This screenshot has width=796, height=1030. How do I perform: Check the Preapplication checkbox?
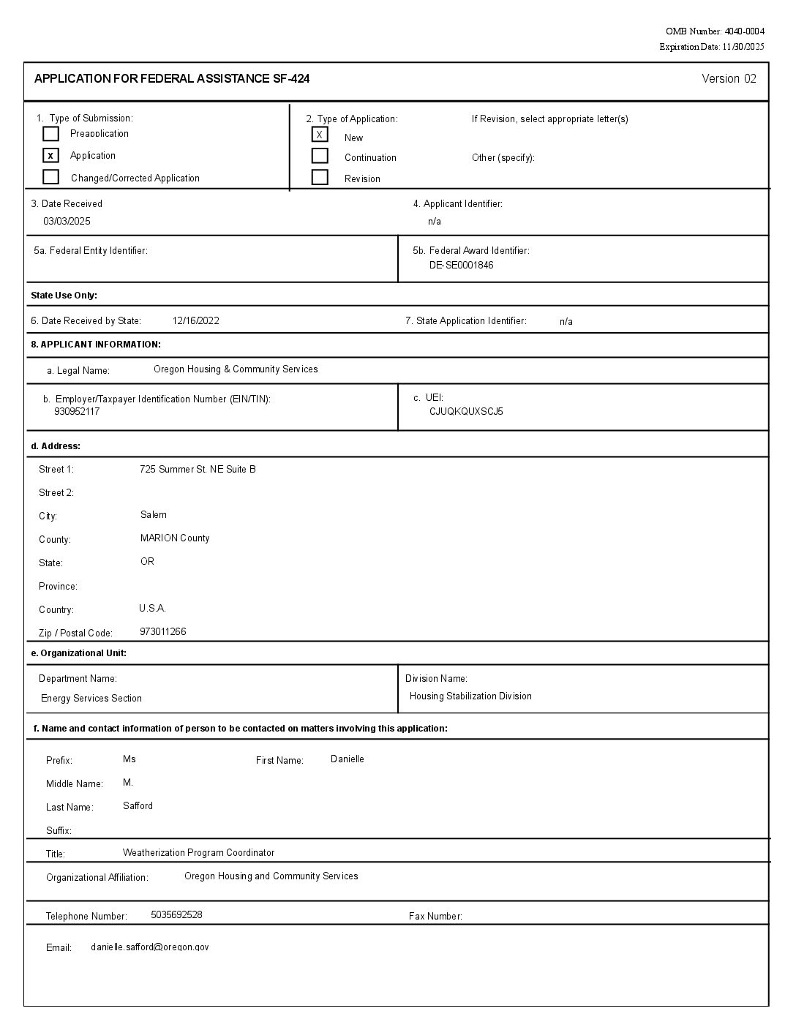pyautogui.click(x=50, y=134)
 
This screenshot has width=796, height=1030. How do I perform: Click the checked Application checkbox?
pyautogui.click(x=50, y=156)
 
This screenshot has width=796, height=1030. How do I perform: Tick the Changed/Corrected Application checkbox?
pyautogui.click(x=50, y=177)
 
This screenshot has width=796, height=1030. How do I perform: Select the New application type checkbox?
pyautogui.click(x=320, y=135)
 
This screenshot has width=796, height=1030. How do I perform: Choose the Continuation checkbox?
pyautogui.click(x=320, y=156)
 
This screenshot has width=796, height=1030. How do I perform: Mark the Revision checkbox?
pyautogui.click(x=320, y=177)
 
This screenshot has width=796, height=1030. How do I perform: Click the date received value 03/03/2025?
pyautogui.click(x=67, y=221)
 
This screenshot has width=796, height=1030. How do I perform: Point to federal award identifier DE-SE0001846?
pyautogui.click(x=461, y=265)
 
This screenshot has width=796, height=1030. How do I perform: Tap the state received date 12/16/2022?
pyautogui.click(x=195, y=320)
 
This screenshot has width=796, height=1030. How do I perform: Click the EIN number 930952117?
pyautogui.click(x=77, y=411)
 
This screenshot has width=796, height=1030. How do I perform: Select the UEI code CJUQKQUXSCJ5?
pyautogui.click(x=466, y=411)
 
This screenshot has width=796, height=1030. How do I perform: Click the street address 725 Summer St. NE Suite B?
pyautogui.click(x=198, y=469)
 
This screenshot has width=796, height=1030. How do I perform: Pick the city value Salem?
pyautogui.click(x=154, y=514)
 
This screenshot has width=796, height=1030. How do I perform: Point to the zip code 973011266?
pyautogui.click(x=162, y=631)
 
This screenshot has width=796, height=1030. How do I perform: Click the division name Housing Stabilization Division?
pyautogui.click(x=470, y=696)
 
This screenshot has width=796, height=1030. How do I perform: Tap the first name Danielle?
pyautogui.click(x=347, y=759)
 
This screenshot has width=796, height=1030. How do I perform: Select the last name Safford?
pyautogui.click(x=138, y=805)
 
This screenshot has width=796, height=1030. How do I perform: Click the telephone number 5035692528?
pyautogui.click(x=176, y=914)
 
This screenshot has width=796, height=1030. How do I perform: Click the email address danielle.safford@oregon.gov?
pyautogui.click(x=149, y=947)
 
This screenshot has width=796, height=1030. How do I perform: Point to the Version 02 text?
pyautogui.click(x=729, y=79)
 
